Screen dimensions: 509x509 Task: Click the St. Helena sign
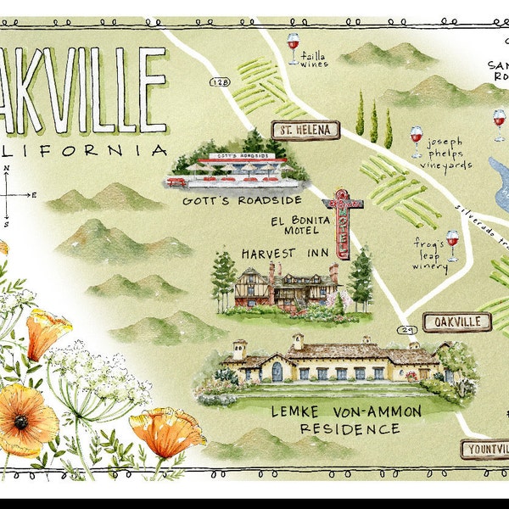[305, 130]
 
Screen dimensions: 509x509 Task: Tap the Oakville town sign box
[456, 322]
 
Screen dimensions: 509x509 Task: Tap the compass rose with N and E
[8, 195]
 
